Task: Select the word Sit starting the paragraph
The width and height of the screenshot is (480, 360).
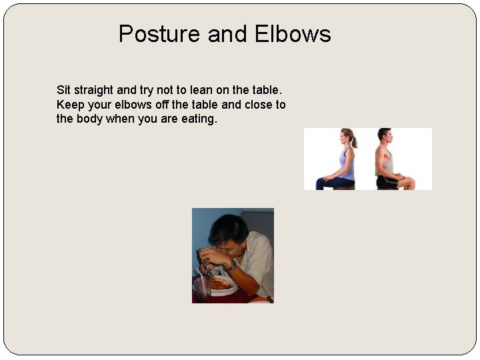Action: [63, 90]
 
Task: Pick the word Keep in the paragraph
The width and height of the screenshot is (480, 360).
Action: [70, 105]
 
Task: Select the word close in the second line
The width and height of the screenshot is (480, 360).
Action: [257, 105]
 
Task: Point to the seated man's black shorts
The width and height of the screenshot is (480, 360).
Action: [387, 181]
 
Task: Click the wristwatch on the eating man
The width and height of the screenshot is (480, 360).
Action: [233, 265]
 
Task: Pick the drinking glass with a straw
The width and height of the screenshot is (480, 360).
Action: [203, 289]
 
